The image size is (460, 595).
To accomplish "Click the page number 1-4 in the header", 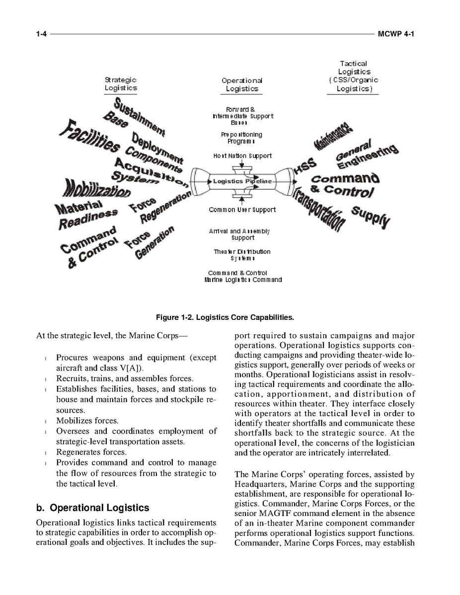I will [x=41, y=34].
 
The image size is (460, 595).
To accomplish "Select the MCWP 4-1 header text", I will [x=396, y=34].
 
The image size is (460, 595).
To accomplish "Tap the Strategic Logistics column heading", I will [x=121, y=83].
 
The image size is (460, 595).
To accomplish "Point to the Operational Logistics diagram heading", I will [x=241, y=84].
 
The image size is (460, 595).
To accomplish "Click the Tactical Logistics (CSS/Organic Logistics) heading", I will [x=353, y=76].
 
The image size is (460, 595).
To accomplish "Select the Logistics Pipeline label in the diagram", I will [x=242, y=181].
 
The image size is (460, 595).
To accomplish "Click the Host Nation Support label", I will [x=242, y=156].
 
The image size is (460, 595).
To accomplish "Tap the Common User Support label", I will [x=242, y=210].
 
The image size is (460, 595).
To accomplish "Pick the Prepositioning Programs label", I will [x=241, y=138].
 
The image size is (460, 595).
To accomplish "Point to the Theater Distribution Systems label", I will [x=242, y=255].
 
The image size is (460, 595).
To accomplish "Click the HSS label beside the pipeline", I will [x=302, y=169].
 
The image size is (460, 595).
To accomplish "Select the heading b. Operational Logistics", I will [x=92, y=508].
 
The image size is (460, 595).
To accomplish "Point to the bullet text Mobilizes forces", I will [x=87, y=421].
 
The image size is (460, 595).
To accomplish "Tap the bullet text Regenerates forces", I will [x=91, y=452].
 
